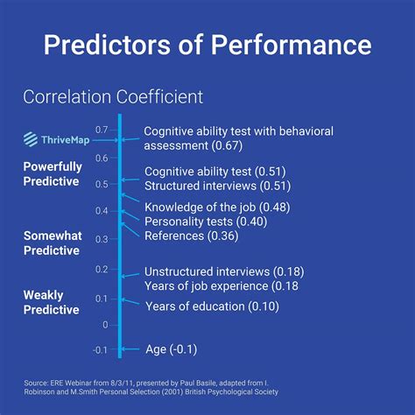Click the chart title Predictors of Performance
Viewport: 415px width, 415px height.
(207, 46)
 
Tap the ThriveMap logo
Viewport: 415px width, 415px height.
(51, 138)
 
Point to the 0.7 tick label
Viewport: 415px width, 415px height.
(102, 130)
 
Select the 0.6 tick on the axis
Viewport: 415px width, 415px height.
(102, 158)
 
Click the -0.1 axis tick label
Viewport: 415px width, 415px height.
(99, 350)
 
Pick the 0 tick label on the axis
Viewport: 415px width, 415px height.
(105, 324)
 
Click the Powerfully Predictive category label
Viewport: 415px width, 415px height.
(52, 173)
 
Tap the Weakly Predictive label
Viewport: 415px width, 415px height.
(51, 302)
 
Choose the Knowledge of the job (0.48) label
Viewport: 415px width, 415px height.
(217, 207)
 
